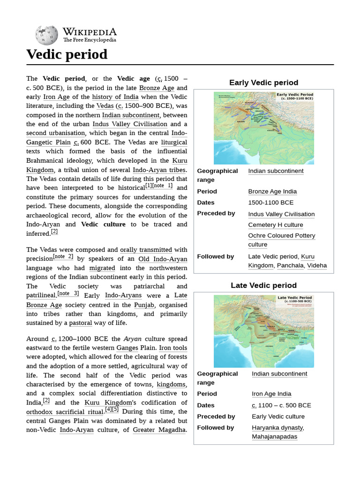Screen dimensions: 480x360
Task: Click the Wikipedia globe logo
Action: click(46, 35)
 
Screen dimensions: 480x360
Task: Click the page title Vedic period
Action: click(67, 54)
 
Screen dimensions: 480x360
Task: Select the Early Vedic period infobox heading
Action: click(263, 82)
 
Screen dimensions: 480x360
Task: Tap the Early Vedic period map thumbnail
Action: click(264, 128)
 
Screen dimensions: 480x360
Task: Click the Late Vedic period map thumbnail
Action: click(264, 331)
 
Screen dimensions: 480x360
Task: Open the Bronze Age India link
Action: click(272, 191)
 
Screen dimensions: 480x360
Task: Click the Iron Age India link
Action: click(271, 394)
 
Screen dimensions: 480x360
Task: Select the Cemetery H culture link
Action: click(276, 225)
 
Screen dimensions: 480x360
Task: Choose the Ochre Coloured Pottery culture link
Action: click(281, 240)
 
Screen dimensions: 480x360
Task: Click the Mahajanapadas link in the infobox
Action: click(274, 436)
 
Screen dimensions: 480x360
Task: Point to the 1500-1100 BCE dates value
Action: click(271, 202)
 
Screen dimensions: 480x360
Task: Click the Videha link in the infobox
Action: click(317, 265)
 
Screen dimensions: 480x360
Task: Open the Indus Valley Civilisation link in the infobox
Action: click(281, 214)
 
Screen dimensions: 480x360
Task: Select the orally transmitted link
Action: click(146, 250)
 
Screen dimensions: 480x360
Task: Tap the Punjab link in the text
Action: click(144, 305)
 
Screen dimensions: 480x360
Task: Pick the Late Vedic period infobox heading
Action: click(263, 285)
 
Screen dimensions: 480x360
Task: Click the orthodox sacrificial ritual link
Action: click(65, 412)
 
